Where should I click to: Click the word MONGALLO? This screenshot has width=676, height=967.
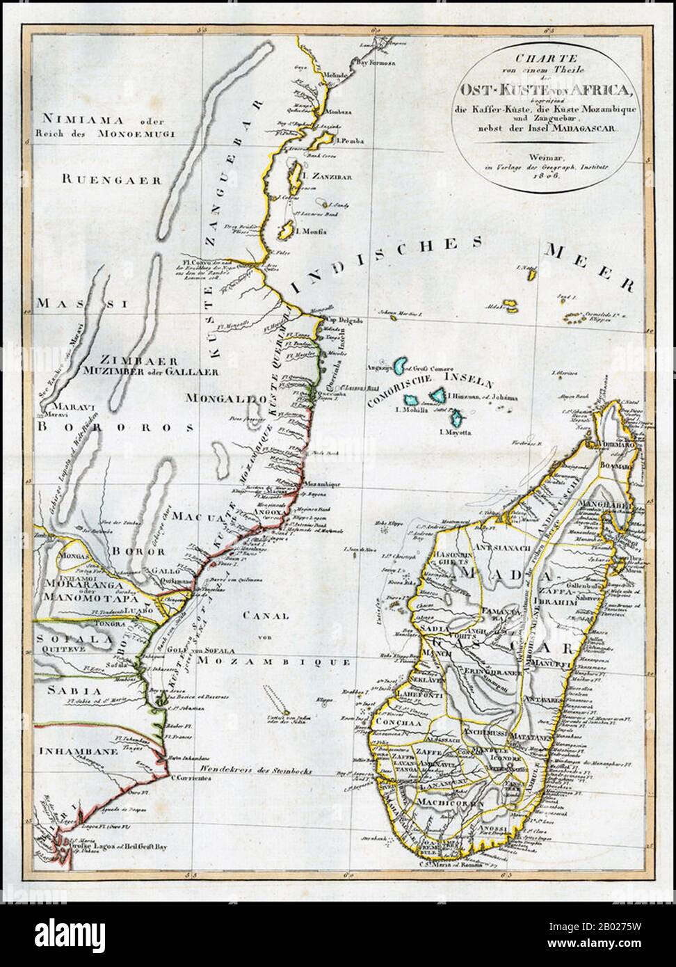tap(219, 399)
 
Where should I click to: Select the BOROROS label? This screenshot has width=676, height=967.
tap(104, 429)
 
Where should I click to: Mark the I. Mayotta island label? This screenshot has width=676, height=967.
tap(459, 432)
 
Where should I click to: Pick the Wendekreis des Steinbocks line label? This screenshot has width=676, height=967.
tap(259, 772)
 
